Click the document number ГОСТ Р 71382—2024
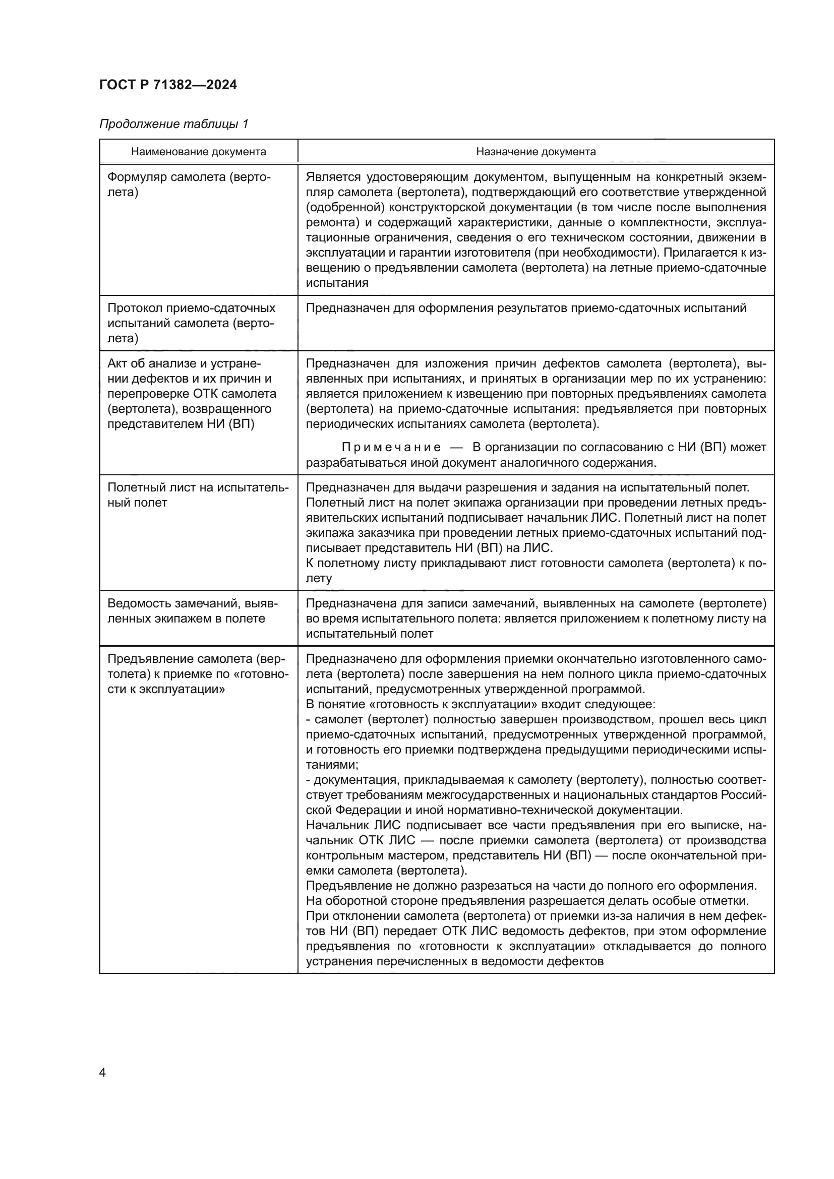tap(168, 85)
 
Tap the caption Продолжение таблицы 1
tap(173, 124)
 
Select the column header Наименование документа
tap(198, 152)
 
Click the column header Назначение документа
tap(535, 152)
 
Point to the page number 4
tap(102, 1072)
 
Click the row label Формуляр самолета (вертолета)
tap(189, 185)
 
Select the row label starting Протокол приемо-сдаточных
tap(191, 323)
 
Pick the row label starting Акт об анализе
tap(191, 394)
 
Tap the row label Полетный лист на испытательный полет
tap(198, 495)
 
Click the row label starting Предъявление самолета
tap(197, 674)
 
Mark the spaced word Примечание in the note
tap(391, 447)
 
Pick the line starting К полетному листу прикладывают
tap(535, 564)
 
